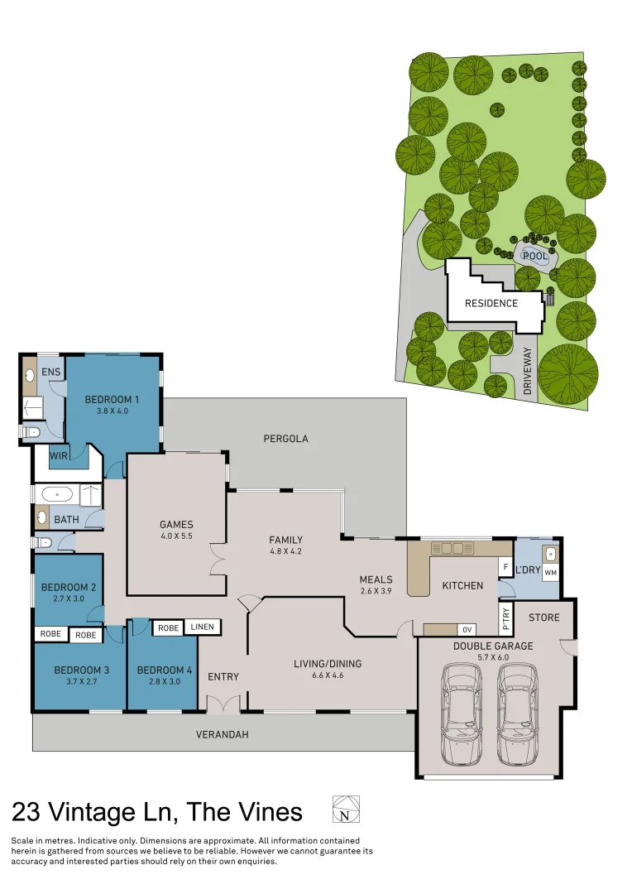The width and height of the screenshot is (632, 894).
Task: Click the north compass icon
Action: click(x=346, y=810)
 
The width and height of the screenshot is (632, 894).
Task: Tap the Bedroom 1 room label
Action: click(x=113, y=399)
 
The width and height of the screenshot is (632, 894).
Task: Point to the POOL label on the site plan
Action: click(x=534, y=257)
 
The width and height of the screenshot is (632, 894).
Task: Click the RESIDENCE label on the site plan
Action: click(x=491, y=303)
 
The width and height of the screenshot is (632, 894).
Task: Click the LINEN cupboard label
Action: click(x=202, y=627)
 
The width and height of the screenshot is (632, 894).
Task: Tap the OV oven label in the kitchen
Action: click(x=467, y=629)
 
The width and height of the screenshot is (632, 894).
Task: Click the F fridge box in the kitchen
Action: click(x=505, y=567)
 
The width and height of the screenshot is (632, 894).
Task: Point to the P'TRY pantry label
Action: click(x=505, y=617)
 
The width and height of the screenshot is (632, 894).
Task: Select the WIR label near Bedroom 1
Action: click(x=59, y=456)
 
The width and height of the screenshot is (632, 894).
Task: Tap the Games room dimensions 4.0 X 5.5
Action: click(x=176, y=536)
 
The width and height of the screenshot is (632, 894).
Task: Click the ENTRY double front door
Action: click(x=223, y=704)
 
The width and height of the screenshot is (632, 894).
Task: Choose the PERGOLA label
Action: click(x=285, y=439)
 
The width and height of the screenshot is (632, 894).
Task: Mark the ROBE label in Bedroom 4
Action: click(x=168, y=628)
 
